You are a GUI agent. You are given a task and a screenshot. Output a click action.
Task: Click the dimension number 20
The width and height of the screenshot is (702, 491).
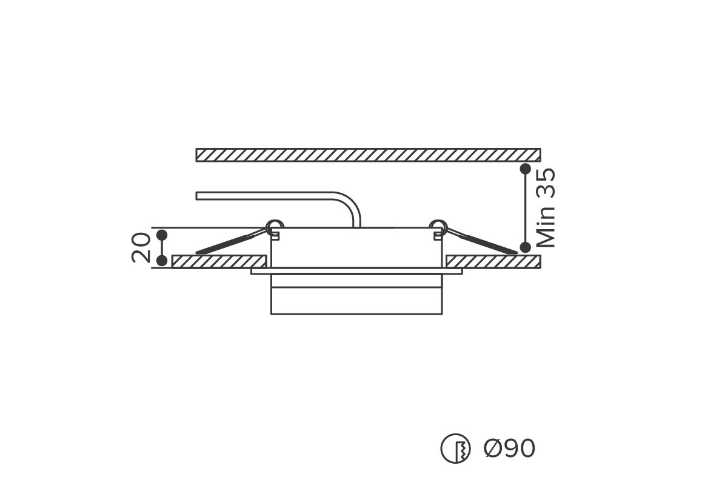141,247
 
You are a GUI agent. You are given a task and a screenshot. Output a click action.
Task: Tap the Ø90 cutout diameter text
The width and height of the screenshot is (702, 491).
509,448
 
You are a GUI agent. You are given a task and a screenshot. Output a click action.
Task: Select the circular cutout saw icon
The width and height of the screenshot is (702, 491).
455,448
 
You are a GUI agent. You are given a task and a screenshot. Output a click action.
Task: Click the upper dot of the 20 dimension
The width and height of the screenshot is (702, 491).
162,235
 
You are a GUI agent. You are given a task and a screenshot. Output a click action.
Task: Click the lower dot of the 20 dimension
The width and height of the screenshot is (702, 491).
162,261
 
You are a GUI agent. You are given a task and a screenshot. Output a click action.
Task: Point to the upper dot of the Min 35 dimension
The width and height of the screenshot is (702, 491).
525,169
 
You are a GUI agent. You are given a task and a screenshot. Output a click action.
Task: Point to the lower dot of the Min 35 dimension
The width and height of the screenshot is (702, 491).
525,247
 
